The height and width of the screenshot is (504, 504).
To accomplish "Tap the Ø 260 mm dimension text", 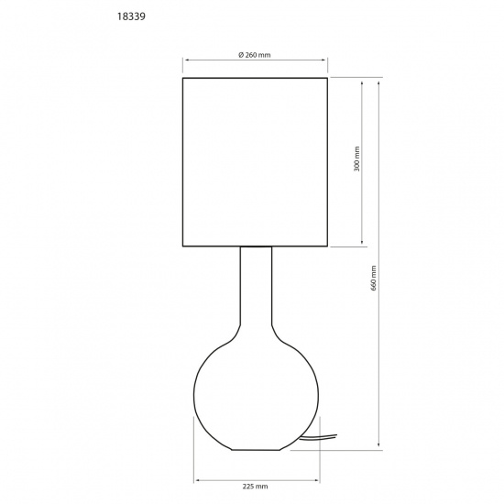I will [x=255, y=54].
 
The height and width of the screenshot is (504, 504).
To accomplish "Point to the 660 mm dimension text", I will [x=373, y=278].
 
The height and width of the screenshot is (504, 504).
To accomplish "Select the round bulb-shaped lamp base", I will [x=256, y=394].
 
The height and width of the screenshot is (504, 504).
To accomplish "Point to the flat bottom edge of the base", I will [x=256, y=450].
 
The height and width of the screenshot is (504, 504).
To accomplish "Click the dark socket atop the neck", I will [x=256, y=247].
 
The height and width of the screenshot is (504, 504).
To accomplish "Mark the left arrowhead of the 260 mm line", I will [x=187, y=61].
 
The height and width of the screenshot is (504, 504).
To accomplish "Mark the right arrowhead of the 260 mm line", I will [x=325, y=61].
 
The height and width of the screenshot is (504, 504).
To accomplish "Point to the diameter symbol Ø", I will [x=241, y=54].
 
